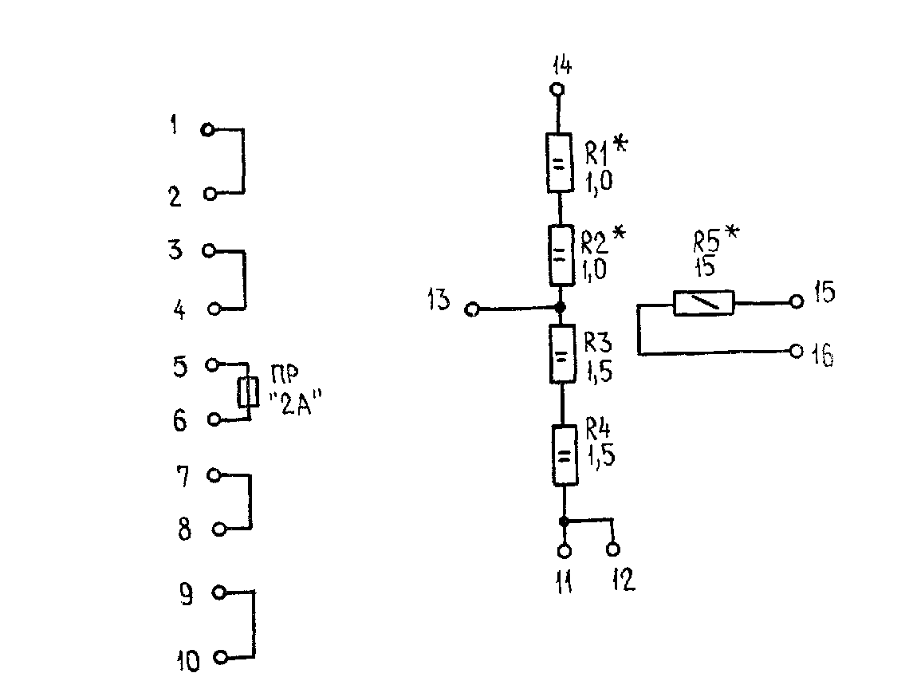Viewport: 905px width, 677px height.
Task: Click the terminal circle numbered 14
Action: pyautogui.click(x=557, y=89)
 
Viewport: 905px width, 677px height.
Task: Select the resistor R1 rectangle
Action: pyautogui.click(x=559, y=162)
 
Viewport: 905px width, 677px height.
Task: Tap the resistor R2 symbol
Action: pyautogui.click(x=561, y=254)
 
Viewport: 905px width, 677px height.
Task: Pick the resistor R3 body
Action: pyautogui.click(x=562, y=354)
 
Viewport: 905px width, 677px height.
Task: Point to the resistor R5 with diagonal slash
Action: pyautogui.click(x=704, y=302)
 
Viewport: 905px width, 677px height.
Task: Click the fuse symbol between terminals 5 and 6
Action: pyautogui.click(x=248, y=392)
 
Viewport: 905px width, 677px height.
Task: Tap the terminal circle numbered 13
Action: pyautogui.click(x=472, y=310)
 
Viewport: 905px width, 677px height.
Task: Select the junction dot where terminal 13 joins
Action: pyautogui.click(x=559, y=308)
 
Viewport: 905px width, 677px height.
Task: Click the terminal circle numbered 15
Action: pyautogui.click(x=797, y=301)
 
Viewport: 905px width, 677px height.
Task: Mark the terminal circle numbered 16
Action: pyautogui.click(x=797, y=350)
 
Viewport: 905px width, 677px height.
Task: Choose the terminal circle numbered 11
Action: pyautogui.click(x=565, y=550)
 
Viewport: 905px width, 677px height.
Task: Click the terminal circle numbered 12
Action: pyautogui.click(x=613, y=549)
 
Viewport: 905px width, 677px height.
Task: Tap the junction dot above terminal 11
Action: pyautogui.click(x=564, y=522)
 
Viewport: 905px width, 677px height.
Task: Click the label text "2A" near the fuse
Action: pyautogui.click(x=295, y=403)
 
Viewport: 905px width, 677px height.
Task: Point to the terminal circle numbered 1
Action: pyautogui.click(x=207, y=130)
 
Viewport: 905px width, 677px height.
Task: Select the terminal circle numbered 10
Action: pyautogui.click(x=221, y=657)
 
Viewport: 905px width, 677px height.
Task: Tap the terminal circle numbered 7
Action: pyautogui.click(x=214, y=475)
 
